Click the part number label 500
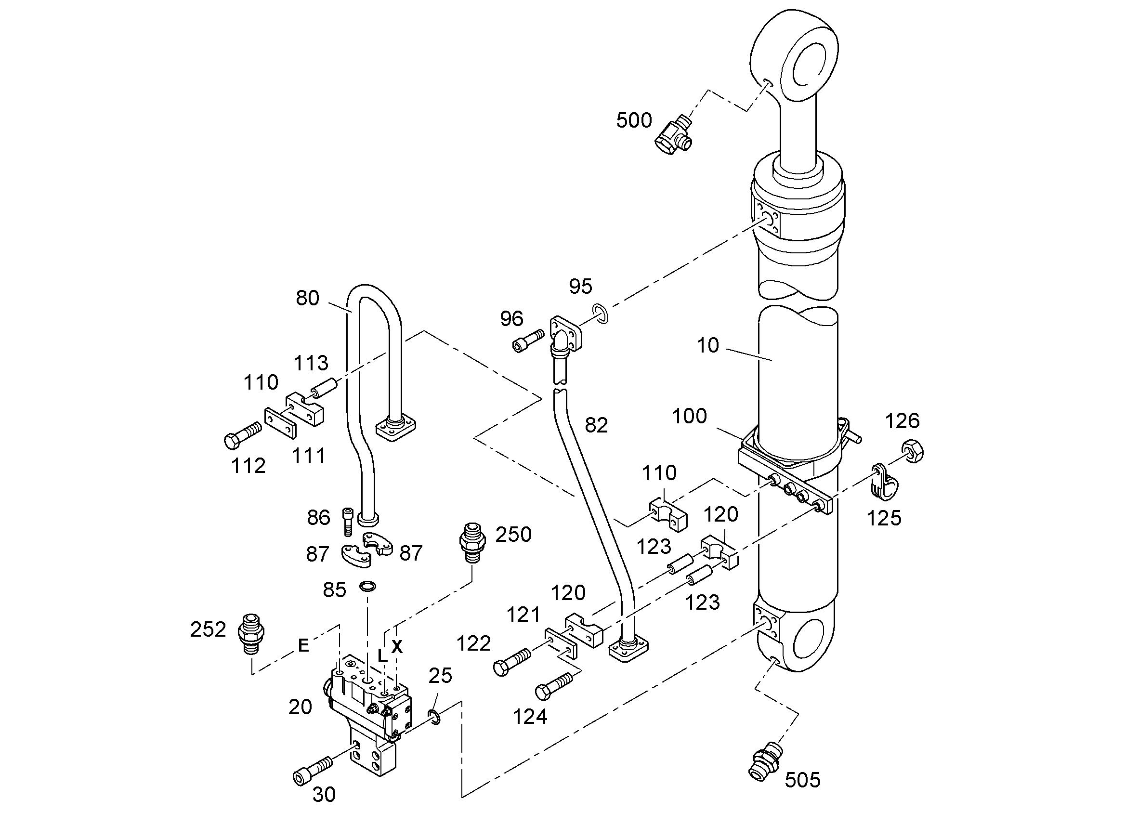634,120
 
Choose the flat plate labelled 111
280,423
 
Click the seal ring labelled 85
368,586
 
